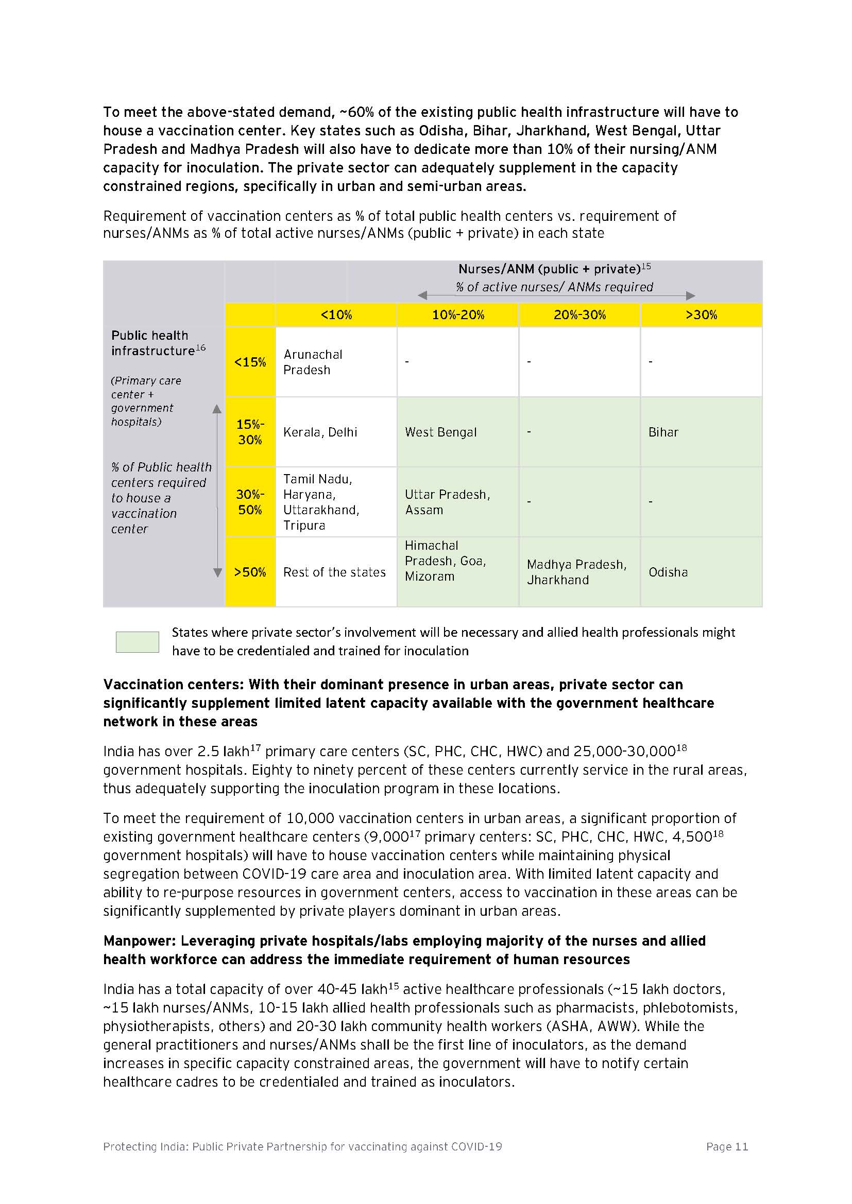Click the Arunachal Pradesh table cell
[336, 362]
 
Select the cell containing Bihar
[701, 432]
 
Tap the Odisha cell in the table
[701, 572]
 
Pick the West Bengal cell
[457, 432]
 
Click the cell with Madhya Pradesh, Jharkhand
[578, 572]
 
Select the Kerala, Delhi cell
[336, 432]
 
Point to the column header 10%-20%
[457, 315]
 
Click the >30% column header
[701, 315]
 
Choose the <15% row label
[250, 362]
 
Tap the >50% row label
[250, 572]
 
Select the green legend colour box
[138, 642]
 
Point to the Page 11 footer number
[727, 1146]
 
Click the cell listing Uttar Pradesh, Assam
[457, 502]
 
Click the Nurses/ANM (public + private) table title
[549, 269]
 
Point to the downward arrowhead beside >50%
[217, 572]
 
